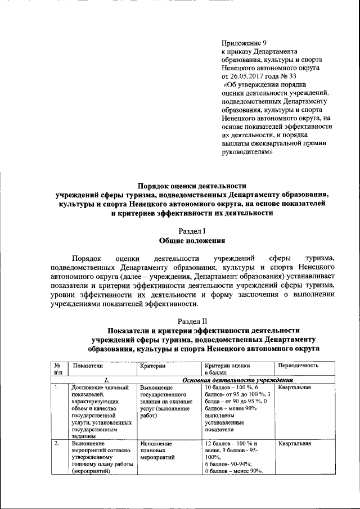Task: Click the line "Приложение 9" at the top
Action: point(244,43)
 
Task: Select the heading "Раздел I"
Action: point(192,231)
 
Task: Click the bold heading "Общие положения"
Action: point(192,240)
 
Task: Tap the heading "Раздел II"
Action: point(192,320)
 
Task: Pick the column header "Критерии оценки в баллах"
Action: point(226,369)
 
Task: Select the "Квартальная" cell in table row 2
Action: point(294,444)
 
